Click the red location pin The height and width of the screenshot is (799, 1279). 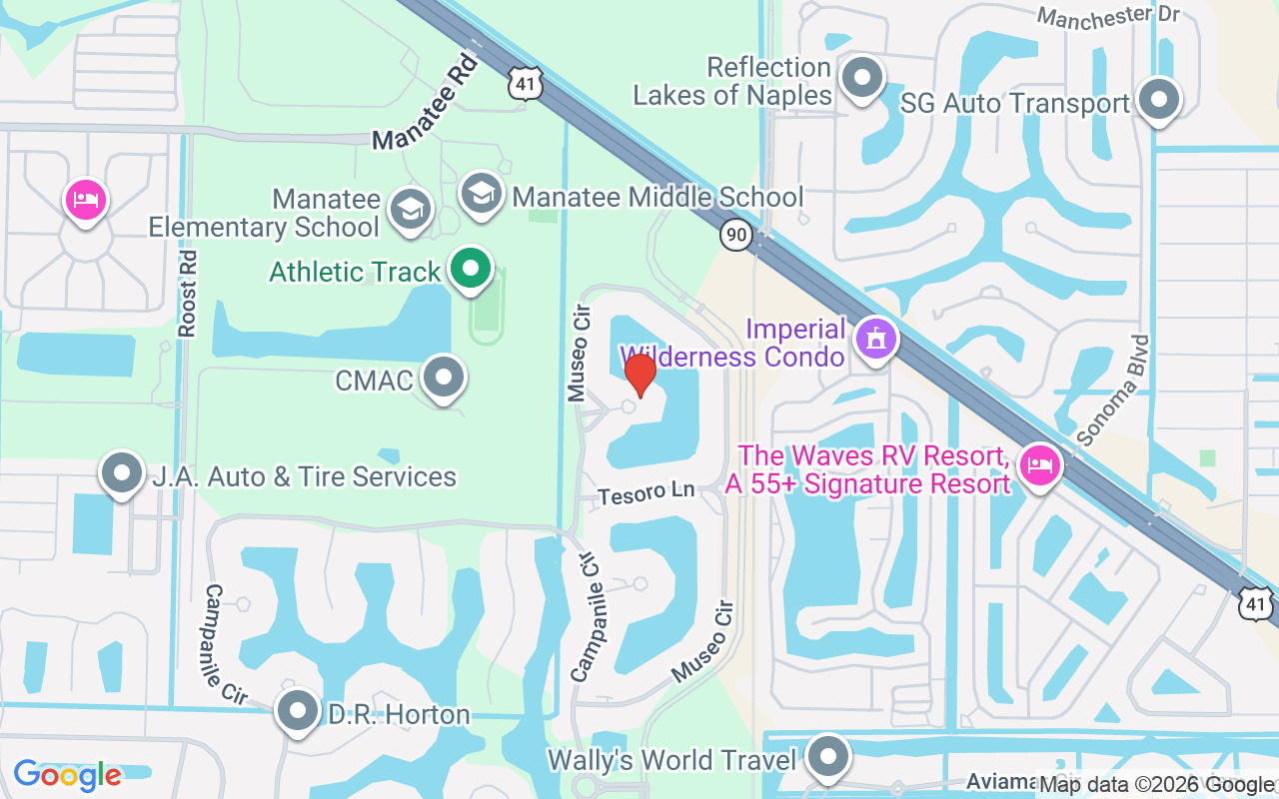point(639,374)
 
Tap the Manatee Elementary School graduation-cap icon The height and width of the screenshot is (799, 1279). point(410,210)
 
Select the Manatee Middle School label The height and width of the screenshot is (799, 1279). point(657,197)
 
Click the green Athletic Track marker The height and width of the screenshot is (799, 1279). point(470,269)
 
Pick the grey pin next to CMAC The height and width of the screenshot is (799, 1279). point(444,379)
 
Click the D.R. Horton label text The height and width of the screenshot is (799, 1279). point(399,714)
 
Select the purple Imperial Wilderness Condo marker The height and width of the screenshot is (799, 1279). point(875,340)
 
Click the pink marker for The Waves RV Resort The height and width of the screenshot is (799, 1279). point(1039,465)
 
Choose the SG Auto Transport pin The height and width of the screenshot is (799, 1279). point(1159,101)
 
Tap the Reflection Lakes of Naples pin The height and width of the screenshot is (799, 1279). point(860,78)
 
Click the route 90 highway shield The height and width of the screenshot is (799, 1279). point(736,236)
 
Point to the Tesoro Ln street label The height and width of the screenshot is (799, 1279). point(645,493)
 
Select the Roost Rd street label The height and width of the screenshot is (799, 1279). point(188,293)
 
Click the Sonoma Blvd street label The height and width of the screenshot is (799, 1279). point(1113,390)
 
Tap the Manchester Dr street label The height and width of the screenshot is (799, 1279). point(1108,15)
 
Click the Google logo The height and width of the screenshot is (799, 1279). point(67,775)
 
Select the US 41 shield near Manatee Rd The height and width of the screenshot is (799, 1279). point(526,83)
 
